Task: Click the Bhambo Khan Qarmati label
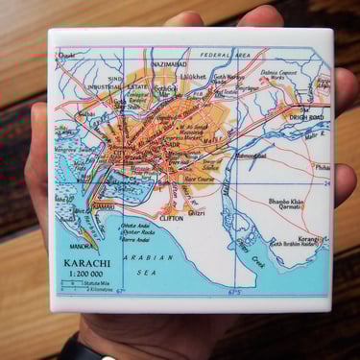[285, 204]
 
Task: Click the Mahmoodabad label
[249, 155]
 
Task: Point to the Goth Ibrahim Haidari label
[294, 245]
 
